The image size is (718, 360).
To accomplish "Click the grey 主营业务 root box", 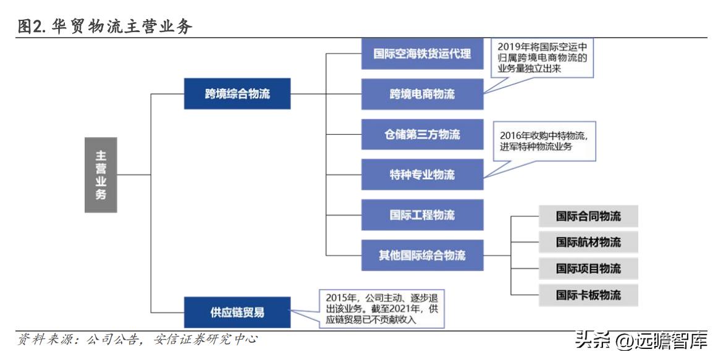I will coord(101,175).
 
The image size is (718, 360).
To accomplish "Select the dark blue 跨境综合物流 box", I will coord(237,94).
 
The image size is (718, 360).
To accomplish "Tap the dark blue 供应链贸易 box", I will coord(237,312).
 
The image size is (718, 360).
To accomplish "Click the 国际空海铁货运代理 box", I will coord(422,54).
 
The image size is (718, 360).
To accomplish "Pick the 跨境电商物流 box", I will coord(422,94).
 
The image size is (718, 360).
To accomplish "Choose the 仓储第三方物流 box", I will coord(422,134).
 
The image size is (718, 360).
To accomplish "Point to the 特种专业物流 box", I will coord(422,175).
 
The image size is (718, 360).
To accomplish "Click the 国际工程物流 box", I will coord(422,215).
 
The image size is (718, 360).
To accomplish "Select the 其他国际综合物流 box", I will coord(422,255).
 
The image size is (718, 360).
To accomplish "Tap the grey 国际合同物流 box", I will coord(588,216).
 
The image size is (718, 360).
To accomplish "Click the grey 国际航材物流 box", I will coord(588,242).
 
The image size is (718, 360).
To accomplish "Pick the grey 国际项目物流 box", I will coord(588,268).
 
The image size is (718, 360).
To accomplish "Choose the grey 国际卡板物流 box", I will coord(588,295).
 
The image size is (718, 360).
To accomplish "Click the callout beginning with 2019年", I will coord(543,58).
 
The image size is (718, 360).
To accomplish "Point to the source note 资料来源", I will coord(46,339).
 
